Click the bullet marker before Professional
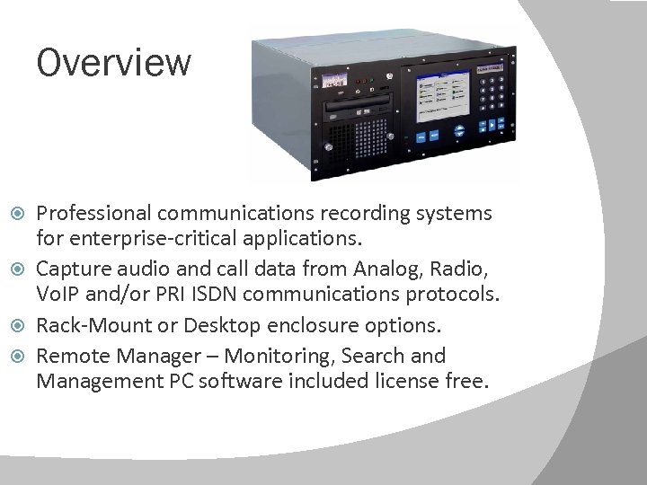point(22,214)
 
